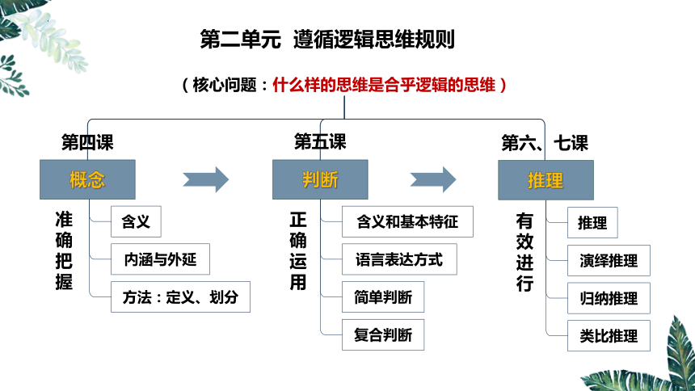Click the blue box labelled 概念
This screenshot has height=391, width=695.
tap(87, 179)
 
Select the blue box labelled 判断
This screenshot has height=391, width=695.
tap(320, 179)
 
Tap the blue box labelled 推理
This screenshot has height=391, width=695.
tap(545, 180)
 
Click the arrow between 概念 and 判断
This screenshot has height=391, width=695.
tap(206, 179)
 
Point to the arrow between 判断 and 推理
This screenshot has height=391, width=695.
tap(433, 179)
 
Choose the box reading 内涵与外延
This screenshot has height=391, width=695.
tap(160, 259)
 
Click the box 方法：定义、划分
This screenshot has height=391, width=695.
tap(180, 297)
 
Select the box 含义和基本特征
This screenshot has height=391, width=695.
tap(407, 221)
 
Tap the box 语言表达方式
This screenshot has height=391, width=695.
tap(399, 259)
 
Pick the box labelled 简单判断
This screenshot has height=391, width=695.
tap(383, 297)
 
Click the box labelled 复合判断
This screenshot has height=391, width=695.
tap(383, 334)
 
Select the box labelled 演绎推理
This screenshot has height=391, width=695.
tap(609, 261)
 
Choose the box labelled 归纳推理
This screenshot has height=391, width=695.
tap(609, 298)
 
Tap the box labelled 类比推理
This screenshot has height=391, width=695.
tap(609, 336)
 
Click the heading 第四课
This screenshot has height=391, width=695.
tap(87, 142)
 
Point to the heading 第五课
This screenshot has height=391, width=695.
tap(320, 142)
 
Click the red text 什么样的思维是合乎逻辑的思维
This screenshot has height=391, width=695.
tap(384, 85)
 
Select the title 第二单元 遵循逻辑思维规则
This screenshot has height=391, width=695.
tap(327, 39)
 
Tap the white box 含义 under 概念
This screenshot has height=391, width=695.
tap(136, 221)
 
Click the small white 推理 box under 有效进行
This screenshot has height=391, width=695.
tap(592, 222)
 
